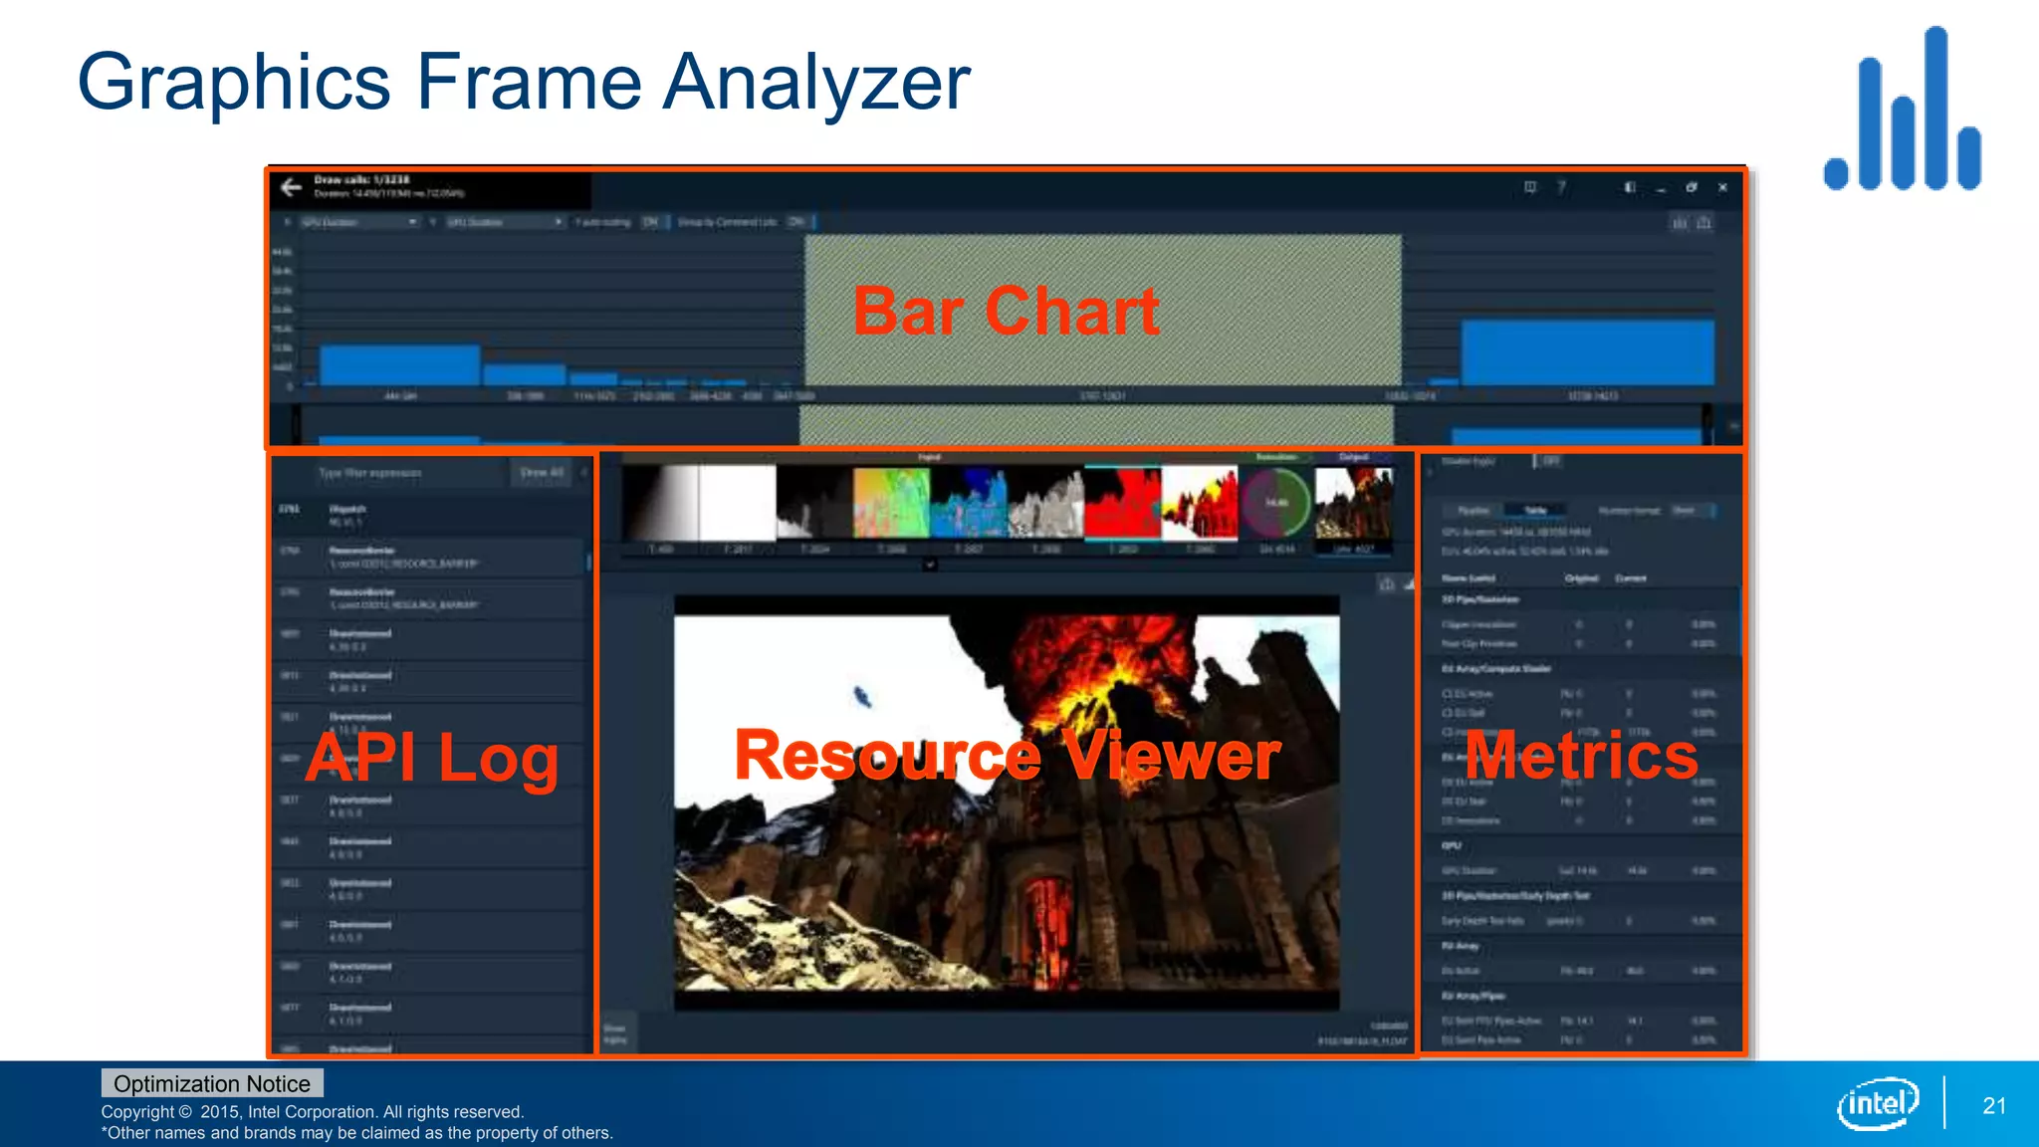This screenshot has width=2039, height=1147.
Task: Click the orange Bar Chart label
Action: (1006, 311)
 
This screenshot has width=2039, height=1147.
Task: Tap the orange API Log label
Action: (432, 759)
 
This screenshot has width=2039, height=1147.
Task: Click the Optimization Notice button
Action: (212, 1083)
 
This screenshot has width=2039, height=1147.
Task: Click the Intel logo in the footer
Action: (1878, 1103)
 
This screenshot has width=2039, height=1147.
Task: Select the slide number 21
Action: (1994, 1105)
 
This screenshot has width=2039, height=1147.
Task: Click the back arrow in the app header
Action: (291, 187)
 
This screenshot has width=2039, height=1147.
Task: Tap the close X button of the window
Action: (1722, 187)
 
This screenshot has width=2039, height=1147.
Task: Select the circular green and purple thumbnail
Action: (1276, 502)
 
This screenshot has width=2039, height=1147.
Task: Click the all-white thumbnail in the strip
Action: (738, 502)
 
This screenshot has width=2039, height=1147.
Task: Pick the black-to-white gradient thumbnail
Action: (660, 502)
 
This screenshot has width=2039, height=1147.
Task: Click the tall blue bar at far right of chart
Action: (1587, 352)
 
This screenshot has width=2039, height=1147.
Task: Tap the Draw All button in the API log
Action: (542, 473)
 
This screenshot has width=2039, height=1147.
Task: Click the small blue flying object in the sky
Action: (862, 697)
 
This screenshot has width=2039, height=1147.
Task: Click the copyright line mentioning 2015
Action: (312, 1111)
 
